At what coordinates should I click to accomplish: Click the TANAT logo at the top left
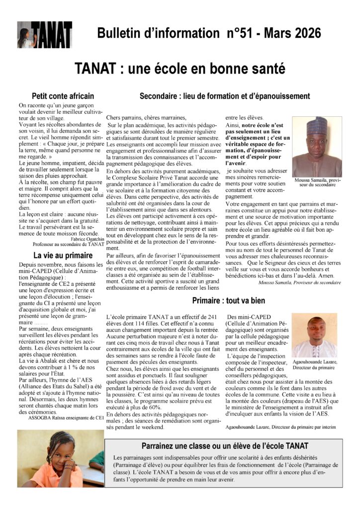(44, 35)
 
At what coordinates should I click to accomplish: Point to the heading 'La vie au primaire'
(62, 256)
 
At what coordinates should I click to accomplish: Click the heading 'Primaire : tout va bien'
(235, 301)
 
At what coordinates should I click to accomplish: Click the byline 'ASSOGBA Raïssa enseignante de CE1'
(62, 418)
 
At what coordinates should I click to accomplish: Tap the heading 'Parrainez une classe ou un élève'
(225, 445)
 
